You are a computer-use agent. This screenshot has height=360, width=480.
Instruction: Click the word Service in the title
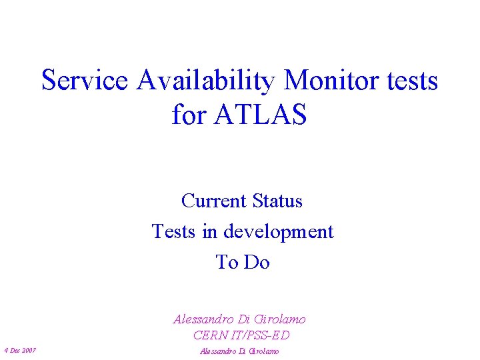84,81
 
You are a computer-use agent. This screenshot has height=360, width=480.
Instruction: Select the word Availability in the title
206,81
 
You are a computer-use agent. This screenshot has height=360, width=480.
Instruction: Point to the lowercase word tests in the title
411,81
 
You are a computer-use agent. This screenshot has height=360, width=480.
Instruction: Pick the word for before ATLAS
189,115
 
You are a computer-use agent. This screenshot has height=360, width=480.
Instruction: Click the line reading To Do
243,263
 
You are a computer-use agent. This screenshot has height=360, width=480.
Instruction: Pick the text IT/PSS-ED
264,335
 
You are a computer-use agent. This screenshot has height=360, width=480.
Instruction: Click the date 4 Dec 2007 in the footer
20,351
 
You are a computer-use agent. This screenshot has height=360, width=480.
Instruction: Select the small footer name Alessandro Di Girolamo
239,351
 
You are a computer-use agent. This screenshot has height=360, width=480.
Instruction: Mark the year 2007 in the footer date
29,351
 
